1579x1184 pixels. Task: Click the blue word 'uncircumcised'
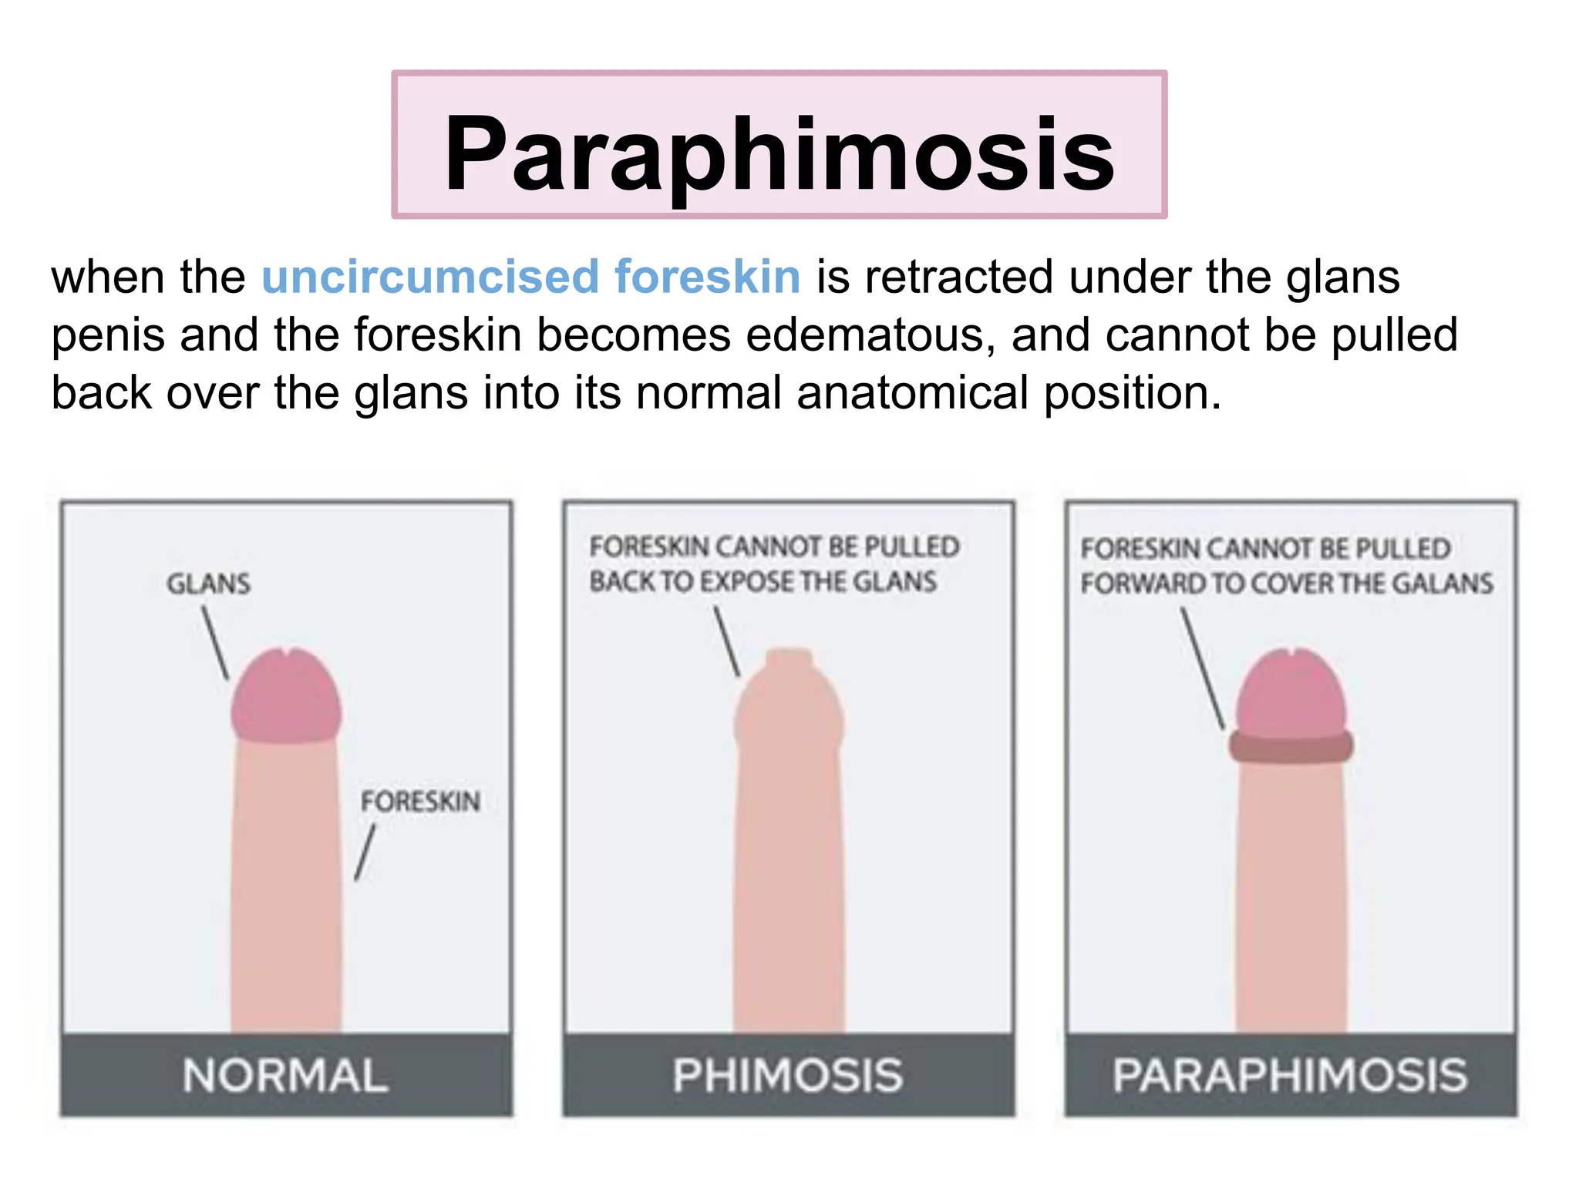click(430, 277)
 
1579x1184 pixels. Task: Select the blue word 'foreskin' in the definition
click(707, 277)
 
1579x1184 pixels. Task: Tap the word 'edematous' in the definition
click(870, 335)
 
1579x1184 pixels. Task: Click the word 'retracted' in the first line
click(958, 277)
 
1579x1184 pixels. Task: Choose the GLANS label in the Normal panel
click(209, 584)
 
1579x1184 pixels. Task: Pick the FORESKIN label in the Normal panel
click(420, 802)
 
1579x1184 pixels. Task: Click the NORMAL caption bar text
click(285, 1075)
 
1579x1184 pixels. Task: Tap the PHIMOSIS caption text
click(787, 1075)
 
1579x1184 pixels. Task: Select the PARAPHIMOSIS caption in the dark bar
click(1290, 1075)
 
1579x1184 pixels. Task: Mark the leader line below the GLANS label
click(215, 642)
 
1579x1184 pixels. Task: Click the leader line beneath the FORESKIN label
click(365, 852)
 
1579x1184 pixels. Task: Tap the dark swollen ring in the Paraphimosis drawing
click(1291, 746)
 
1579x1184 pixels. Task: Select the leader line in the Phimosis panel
click(726, 641)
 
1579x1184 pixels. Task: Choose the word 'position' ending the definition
click(1131, 392)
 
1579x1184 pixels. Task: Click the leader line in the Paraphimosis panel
click(1203, 668)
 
